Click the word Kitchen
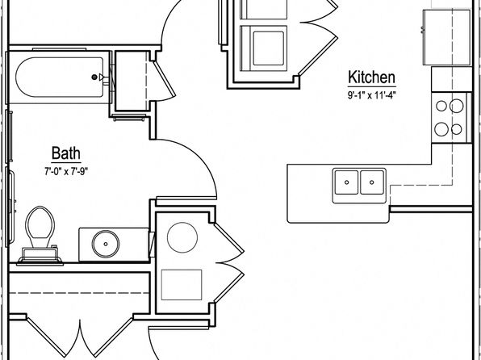pos(371,77)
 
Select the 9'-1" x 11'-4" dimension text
pos(371,95)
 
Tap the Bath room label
pos(66,153)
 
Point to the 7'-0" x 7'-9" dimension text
pos(66,171)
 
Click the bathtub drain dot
pos(94,77)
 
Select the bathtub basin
pos(60,77)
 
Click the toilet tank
pos(40,255)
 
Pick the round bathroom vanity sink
pos(106,244)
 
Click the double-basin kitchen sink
pos(359,186)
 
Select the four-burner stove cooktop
pos(450,118)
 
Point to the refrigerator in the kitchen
pos(446,37)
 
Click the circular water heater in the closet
pos(182,237)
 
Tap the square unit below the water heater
pos(182,285)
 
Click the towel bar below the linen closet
pos(129,117)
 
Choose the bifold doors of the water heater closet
pos(229,263)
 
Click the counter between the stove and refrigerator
pos(452,79)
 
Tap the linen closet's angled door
pos(165,81)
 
